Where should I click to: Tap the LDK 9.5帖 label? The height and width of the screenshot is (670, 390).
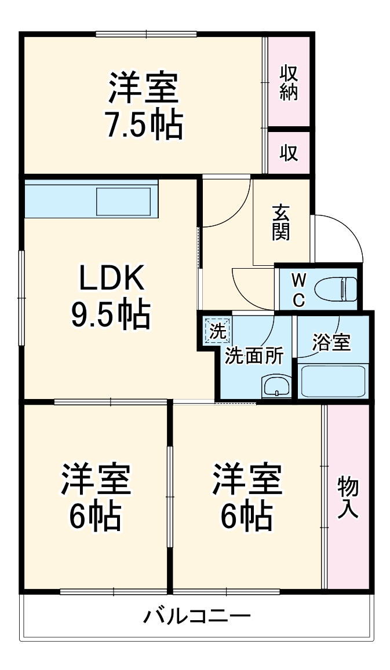coord(111,297)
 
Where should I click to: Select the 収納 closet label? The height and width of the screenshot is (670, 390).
coord(289,83)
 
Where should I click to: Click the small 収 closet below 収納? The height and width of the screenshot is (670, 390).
coord(289,152)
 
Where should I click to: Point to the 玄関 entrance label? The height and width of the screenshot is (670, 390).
coord(282,223)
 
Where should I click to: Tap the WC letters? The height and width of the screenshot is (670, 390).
coord(298,289)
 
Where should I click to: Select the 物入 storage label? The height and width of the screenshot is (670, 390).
coord(348,496)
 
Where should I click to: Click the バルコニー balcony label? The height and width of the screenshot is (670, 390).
coord(197,615)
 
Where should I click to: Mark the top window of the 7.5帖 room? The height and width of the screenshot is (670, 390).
coord(145,34)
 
